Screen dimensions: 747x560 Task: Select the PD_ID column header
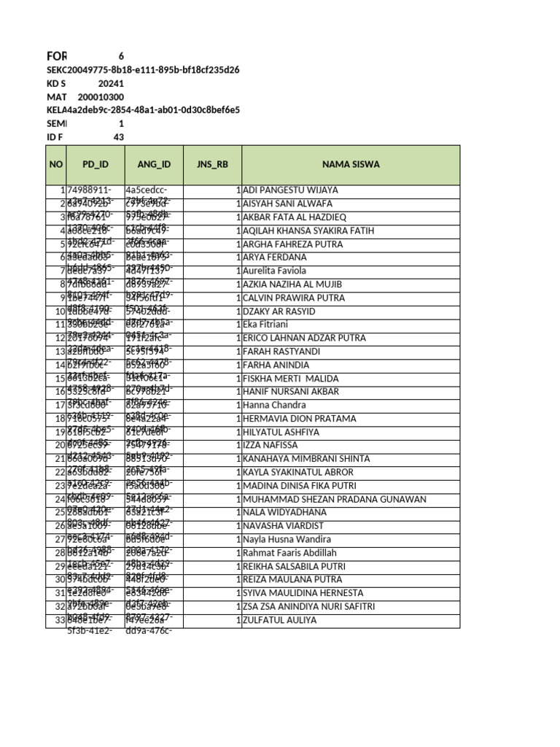coord(95,165)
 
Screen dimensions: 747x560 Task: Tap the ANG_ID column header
coord(153,165)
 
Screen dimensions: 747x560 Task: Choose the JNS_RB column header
coord(212,165)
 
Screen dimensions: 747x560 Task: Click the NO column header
coord(56,165)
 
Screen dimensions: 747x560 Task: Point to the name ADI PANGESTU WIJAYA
coord(291,190)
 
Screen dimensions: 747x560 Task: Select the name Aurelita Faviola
coord(275,271)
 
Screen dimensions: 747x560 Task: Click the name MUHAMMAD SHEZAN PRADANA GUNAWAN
coord(335,499)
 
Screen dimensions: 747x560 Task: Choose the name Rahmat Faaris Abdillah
coord(289,553)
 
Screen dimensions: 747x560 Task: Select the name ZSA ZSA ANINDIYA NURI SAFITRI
coord(309,607)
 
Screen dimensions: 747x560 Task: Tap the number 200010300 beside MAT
coord(101,97)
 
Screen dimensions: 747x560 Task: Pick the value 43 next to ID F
coord(118,137)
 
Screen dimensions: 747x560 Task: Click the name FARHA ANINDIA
coord(273,365)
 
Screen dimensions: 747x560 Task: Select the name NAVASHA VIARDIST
coord(284,526)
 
